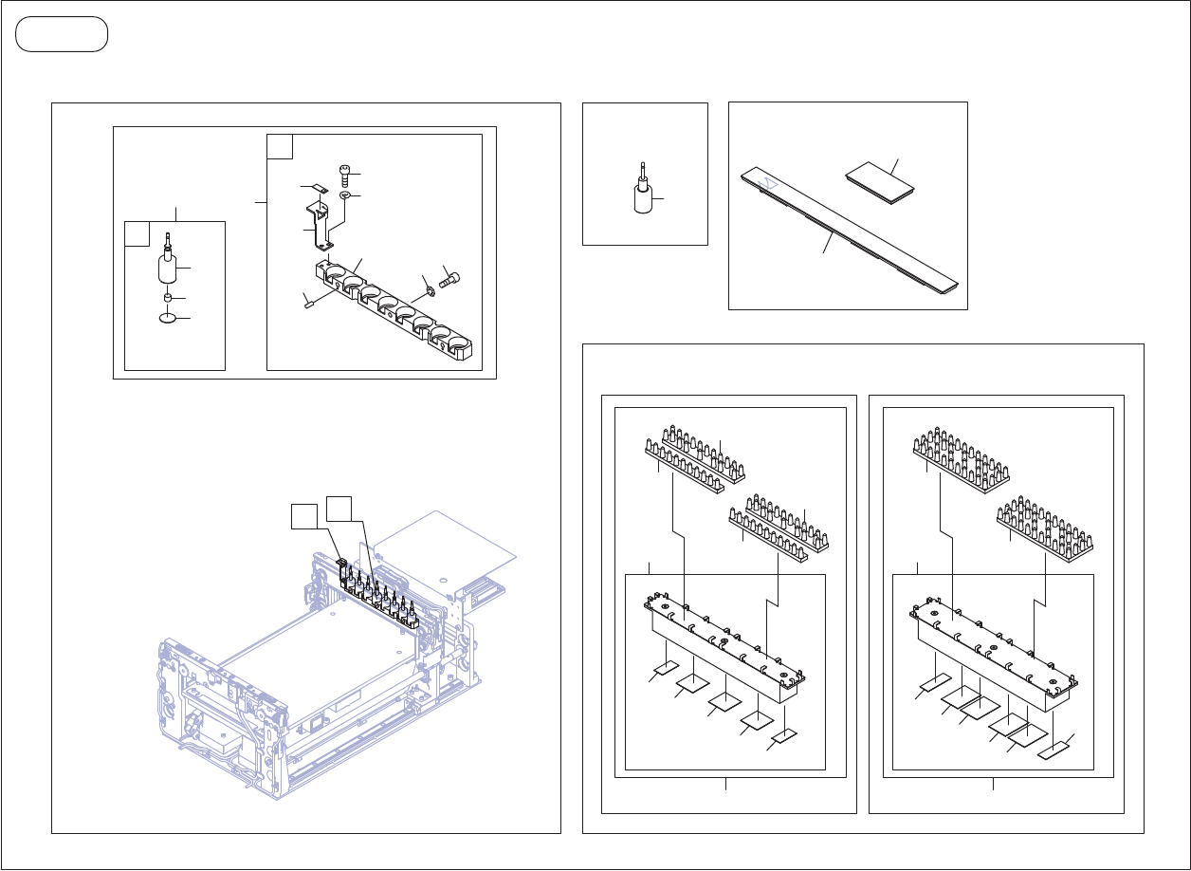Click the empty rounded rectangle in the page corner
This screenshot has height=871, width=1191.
[62, 34]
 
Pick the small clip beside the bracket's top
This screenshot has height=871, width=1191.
[318, 190]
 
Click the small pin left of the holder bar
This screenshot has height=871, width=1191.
[308, 304]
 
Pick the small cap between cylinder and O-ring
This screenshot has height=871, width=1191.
[168, 300]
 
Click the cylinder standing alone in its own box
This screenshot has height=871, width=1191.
[643, 197]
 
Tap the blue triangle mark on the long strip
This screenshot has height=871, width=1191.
[771, 180]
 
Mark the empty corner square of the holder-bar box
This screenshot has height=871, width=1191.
[280, 146]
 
